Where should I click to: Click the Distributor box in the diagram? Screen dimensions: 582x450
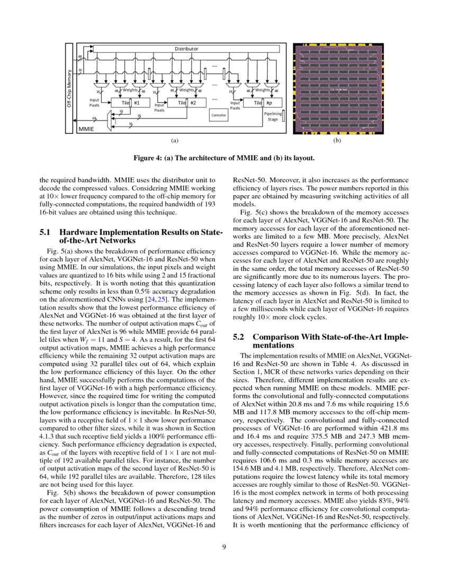coord(186,49)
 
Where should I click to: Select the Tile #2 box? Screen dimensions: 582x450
coord(187,103)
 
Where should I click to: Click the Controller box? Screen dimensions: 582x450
coord(219,115)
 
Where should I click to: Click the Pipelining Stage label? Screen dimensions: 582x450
coord(272,116)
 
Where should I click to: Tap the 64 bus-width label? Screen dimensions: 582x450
coord(94,118)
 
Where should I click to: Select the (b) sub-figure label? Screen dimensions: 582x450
coord(336,141)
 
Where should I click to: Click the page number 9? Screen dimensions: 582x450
coord(224,547)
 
